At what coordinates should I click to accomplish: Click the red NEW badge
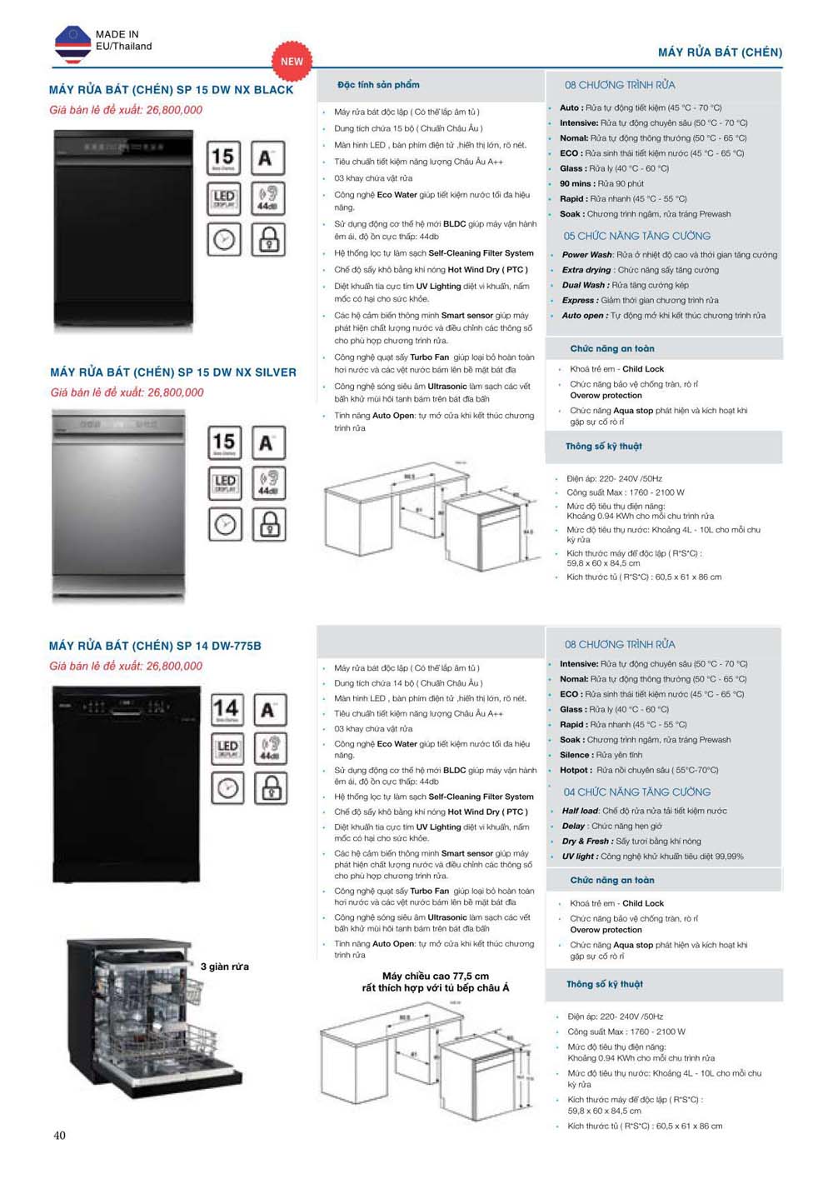click(292, 61)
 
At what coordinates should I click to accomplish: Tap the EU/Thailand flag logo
click(72, 44)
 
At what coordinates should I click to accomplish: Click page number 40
click(59, 1135)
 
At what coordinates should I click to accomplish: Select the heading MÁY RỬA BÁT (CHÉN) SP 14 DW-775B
click(155, 646)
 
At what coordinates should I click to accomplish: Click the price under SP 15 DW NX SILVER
click(127, 392)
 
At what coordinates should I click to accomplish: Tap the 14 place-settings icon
click(227, 710)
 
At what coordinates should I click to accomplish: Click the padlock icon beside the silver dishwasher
click(268, 524)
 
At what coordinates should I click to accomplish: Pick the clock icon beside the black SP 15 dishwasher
click(223, 240)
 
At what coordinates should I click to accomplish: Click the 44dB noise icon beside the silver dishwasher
click(268, 482)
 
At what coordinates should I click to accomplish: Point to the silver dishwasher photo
click(118, 506)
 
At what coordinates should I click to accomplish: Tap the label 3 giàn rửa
click(224, 967)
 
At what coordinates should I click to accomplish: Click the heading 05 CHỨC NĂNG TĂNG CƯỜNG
click(636, 236)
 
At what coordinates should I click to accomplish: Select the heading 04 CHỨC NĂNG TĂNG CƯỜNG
click(636, 792)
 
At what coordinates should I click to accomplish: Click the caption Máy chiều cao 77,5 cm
click(435, 976)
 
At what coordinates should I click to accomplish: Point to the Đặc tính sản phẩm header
click(378, 85)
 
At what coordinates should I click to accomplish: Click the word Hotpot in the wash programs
click(575, 770)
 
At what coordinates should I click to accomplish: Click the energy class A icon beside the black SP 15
click(266, 157)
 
